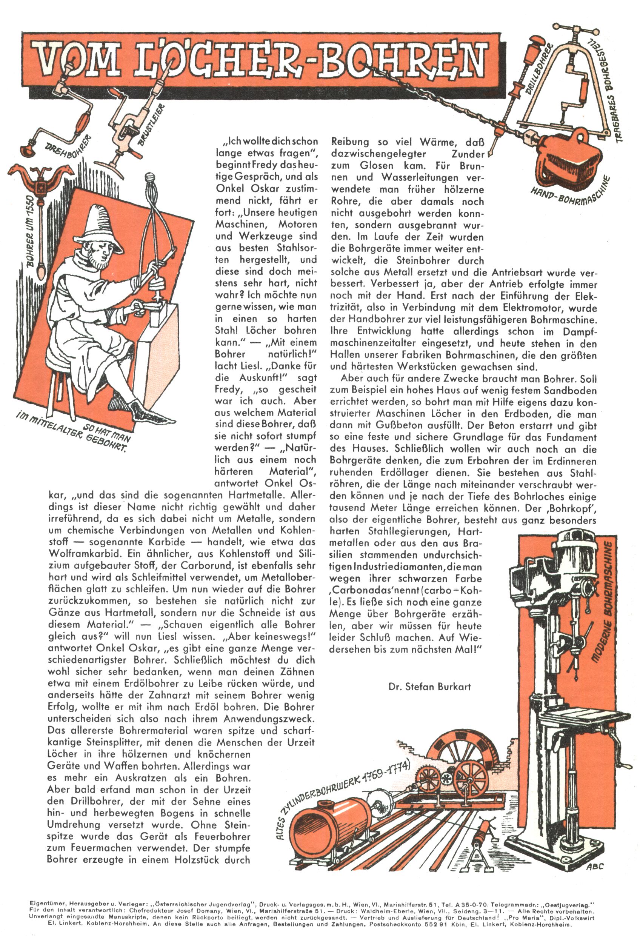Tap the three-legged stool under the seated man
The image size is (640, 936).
(x=60, y=391)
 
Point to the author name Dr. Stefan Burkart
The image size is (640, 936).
(x=429, y=686)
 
